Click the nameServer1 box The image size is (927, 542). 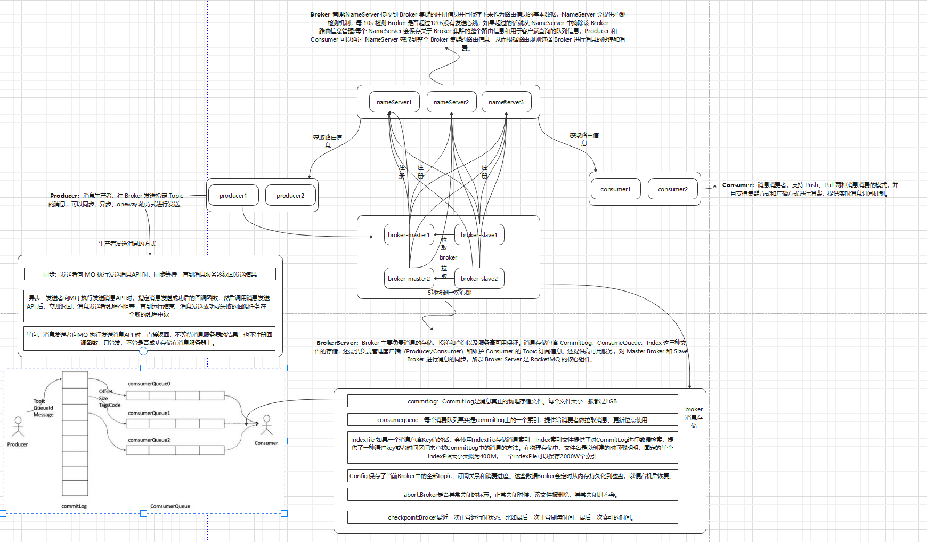[x=394, y=102]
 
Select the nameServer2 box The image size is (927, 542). [x=451, y=102]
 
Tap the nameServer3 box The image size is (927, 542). [x=506, y=102]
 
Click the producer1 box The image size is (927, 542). [x=233, y=196]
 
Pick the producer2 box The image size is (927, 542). [x=290, y=196]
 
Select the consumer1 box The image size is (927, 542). [x=615, y=189]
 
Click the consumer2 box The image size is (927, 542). [x=673, y=189]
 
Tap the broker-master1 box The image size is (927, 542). [x=409, y=235]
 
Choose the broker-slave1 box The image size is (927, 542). [x=479, y=235]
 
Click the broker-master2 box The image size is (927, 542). [x=409, y=279]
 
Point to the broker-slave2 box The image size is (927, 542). [x=479, y=279]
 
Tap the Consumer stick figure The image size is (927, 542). [x=266, y=425]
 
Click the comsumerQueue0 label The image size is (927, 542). [x=149, y=384]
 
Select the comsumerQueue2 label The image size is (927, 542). [x=149, y=440]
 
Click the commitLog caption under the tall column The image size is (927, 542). [x=74, y=506]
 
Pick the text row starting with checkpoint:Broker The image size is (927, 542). [x=512, y=517]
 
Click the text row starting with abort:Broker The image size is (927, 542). [x=512, y=495]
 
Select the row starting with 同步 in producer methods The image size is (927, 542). [x=150, y=274]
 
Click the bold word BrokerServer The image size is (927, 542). [x=337, y=343]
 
